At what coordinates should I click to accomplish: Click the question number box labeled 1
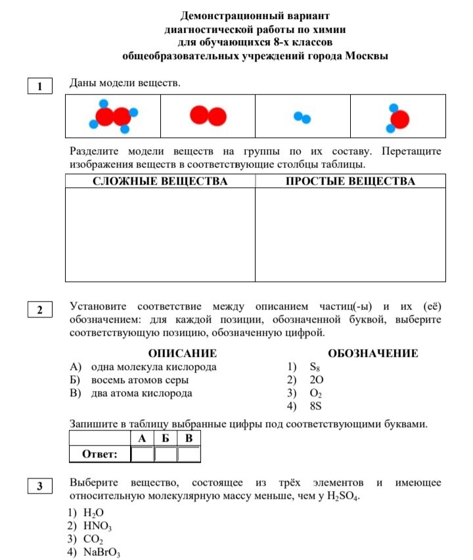point(40,87)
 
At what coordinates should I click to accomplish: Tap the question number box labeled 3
point(40,487)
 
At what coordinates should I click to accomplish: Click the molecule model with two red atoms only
point(208,116)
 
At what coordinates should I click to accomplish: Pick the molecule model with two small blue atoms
point(302,118)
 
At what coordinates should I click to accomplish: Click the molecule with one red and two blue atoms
point(397,118)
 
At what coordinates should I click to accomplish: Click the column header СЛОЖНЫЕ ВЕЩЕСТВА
point(160,181)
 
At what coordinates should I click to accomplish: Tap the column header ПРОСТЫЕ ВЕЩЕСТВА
point(350,181)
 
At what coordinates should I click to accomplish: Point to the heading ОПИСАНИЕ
point(182,354)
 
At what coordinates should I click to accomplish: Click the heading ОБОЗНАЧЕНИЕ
point(372,354)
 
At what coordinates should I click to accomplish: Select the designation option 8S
point(316,406)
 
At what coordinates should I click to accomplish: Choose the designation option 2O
point(316,380)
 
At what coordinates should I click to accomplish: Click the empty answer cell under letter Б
point(166,454)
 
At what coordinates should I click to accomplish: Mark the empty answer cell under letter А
point(142,454)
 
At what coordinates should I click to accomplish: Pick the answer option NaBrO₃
point(102,552)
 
